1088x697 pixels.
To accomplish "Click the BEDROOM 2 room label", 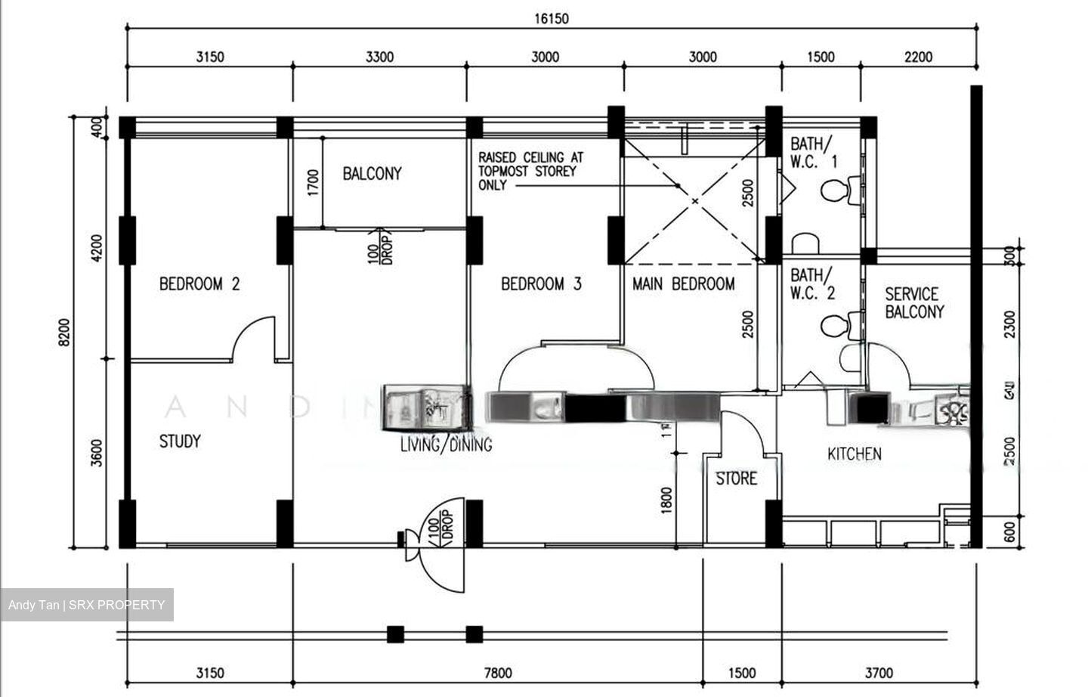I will pos(199,284).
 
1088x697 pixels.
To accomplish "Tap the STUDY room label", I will pos(180,441).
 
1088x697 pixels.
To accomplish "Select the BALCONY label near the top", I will pos(372,174).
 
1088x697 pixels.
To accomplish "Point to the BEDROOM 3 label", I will pos(541,284).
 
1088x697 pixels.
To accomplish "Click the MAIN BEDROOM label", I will pos(683,284).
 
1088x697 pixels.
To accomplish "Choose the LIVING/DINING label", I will pos(447,445).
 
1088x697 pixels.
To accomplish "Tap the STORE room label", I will pos(736,479).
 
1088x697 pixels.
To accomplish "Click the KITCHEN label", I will pos(854,454).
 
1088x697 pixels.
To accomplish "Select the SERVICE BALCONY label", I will pos(914,302).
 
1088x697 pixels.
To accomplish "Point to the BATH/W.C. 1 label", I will pos(813,151).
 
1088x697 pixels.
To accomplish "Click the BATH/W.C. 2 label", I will pos(813,283).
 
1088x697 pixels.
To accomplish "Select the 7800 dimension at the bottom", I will pos(497,673).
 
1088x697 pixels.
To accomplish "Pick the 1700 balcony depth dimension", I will pos(314,183).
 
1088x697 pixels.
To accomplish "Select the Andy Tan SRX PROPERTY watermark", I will pos(86,605).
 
